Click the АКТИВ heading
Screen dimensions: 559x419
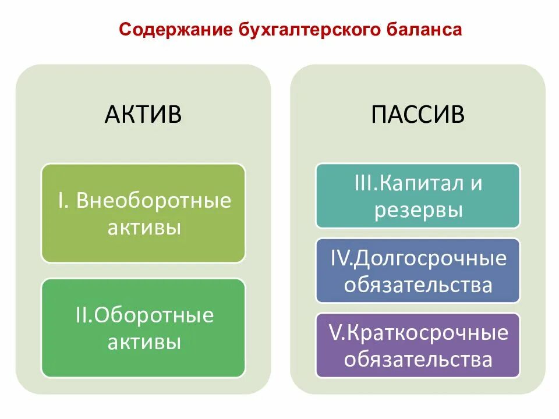143,114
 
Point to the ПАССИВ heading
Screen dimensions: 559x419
418,114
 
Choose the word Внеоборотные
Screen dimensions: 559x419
154,201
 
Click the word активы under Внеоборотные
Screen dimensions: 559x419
143,227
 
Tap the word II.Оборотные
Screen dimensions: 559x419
143,316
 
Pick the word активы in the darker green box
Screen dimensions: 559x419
143,342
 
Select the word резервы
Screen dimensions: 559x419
418,210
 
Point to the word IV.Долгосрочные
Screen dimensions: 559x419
418,258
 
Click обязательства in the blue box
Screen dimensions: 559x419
418,285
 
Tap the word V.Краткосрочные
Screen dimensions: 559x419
418,333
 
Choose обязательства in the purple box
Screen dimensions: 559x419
418,360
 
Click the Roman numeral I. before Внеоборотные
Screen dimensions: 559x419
64,201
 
